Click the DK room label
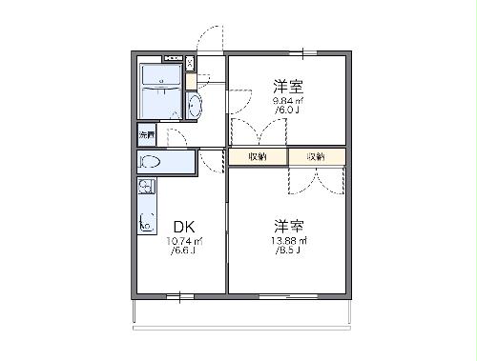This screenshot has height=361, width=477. click(x=184, y=227)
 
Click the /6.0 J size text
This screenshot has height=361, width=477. click(x=286, y=110)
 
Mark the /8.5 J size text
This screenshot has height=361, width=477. click(x=285, y=252)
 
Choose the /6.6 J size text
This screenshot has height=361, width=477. click(x=184, y=252)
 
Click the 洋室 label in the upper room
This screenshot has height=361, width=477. click(x=286, y=84)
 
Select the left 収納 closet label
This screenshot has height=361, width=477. click(x=258, y=156)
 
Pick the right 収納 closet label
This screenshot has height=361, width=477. click(x=316, y=156)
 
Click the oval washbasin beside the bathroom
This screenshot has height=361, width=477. click(x=195, y=105)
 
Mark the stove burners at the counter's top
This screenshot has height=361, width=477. click(x=147, y=187)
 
